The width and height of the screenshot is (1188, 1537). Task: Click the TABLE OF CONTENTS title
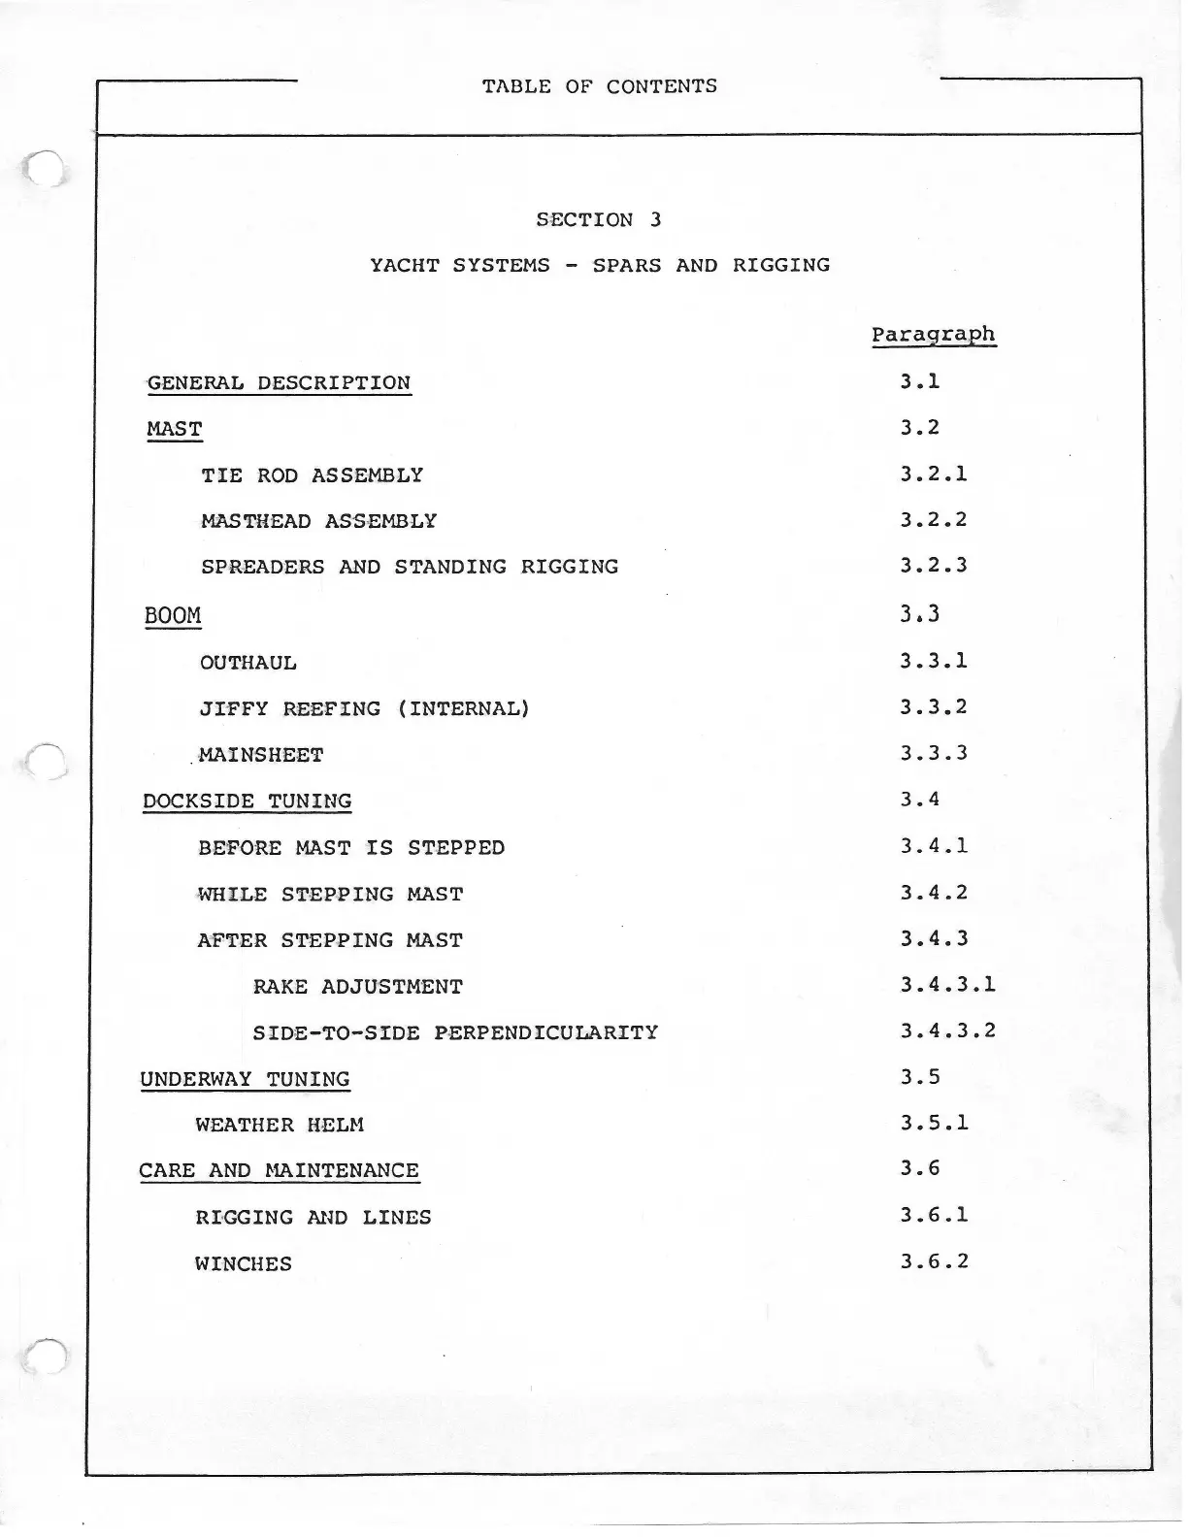599,86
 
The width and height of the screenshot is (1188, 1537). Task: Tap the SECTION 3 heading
598,219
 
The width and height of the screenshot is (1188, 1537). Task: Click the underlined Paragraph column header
933,335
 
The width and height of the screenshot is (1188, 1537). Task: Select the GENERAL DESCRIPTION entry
279,382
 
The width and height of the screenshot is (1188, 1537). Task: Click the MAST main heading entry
175,429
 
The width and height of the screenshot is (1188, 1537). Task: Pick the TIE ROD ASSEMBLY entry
312,475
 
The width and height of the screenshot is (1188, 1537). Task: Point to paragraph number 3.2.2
933,519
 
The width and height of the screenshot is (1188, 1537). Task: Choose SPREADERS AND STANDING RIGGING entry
409,567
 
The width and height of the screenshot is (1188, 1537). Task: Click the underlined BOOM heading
173,616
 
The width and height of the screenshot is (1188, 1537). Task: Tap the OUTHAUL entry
247,663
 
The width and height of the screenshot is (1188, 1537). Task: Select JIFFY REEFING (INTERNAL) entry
364,708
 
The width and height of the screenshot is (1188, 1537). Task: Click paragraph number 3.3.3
933,753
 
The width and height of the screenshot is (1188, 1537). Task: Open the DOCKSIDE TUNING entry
247,801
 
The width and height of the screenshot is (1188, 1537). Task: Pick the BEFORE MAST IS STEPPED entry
351,848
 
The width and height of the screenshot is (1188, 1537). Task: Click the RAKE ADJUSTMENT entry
357,987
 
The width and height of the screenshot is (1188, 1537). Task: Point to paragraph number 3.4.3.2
947,1030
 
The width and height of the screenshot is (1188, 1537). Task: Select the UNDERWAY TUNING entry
245,1079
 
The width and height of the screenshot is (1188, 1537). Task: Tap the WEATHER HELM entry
280,1126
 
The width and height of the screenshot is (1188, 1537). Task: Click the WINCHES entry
243,1264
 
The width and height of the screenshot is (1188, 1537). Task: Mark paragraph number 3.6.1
933,1215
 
